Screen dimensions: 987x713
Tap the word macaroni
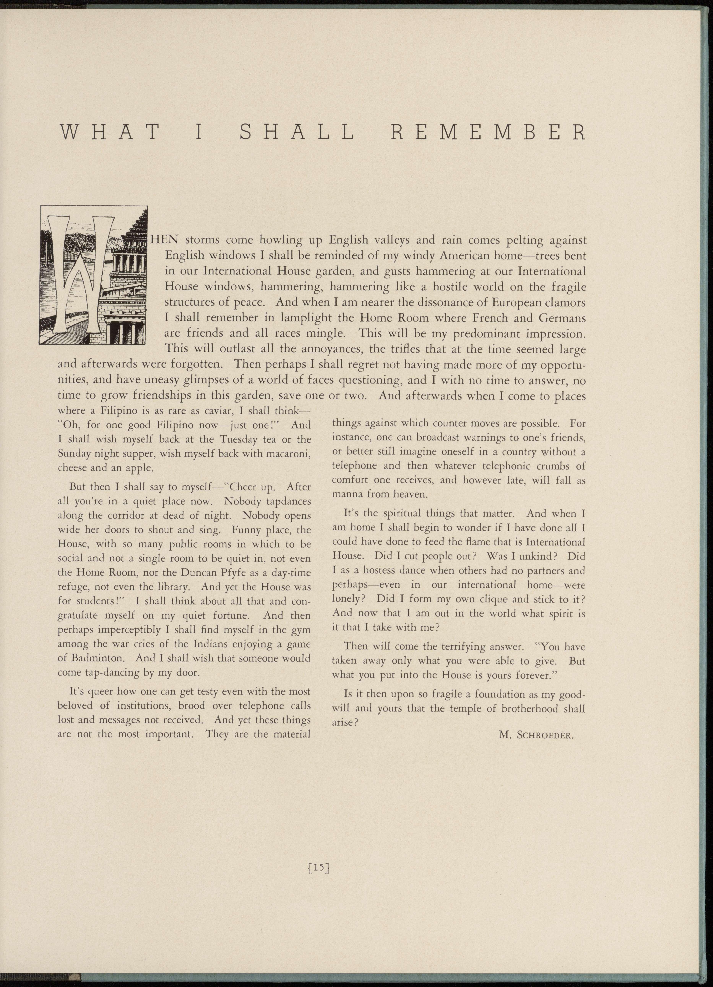(286, 454)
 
